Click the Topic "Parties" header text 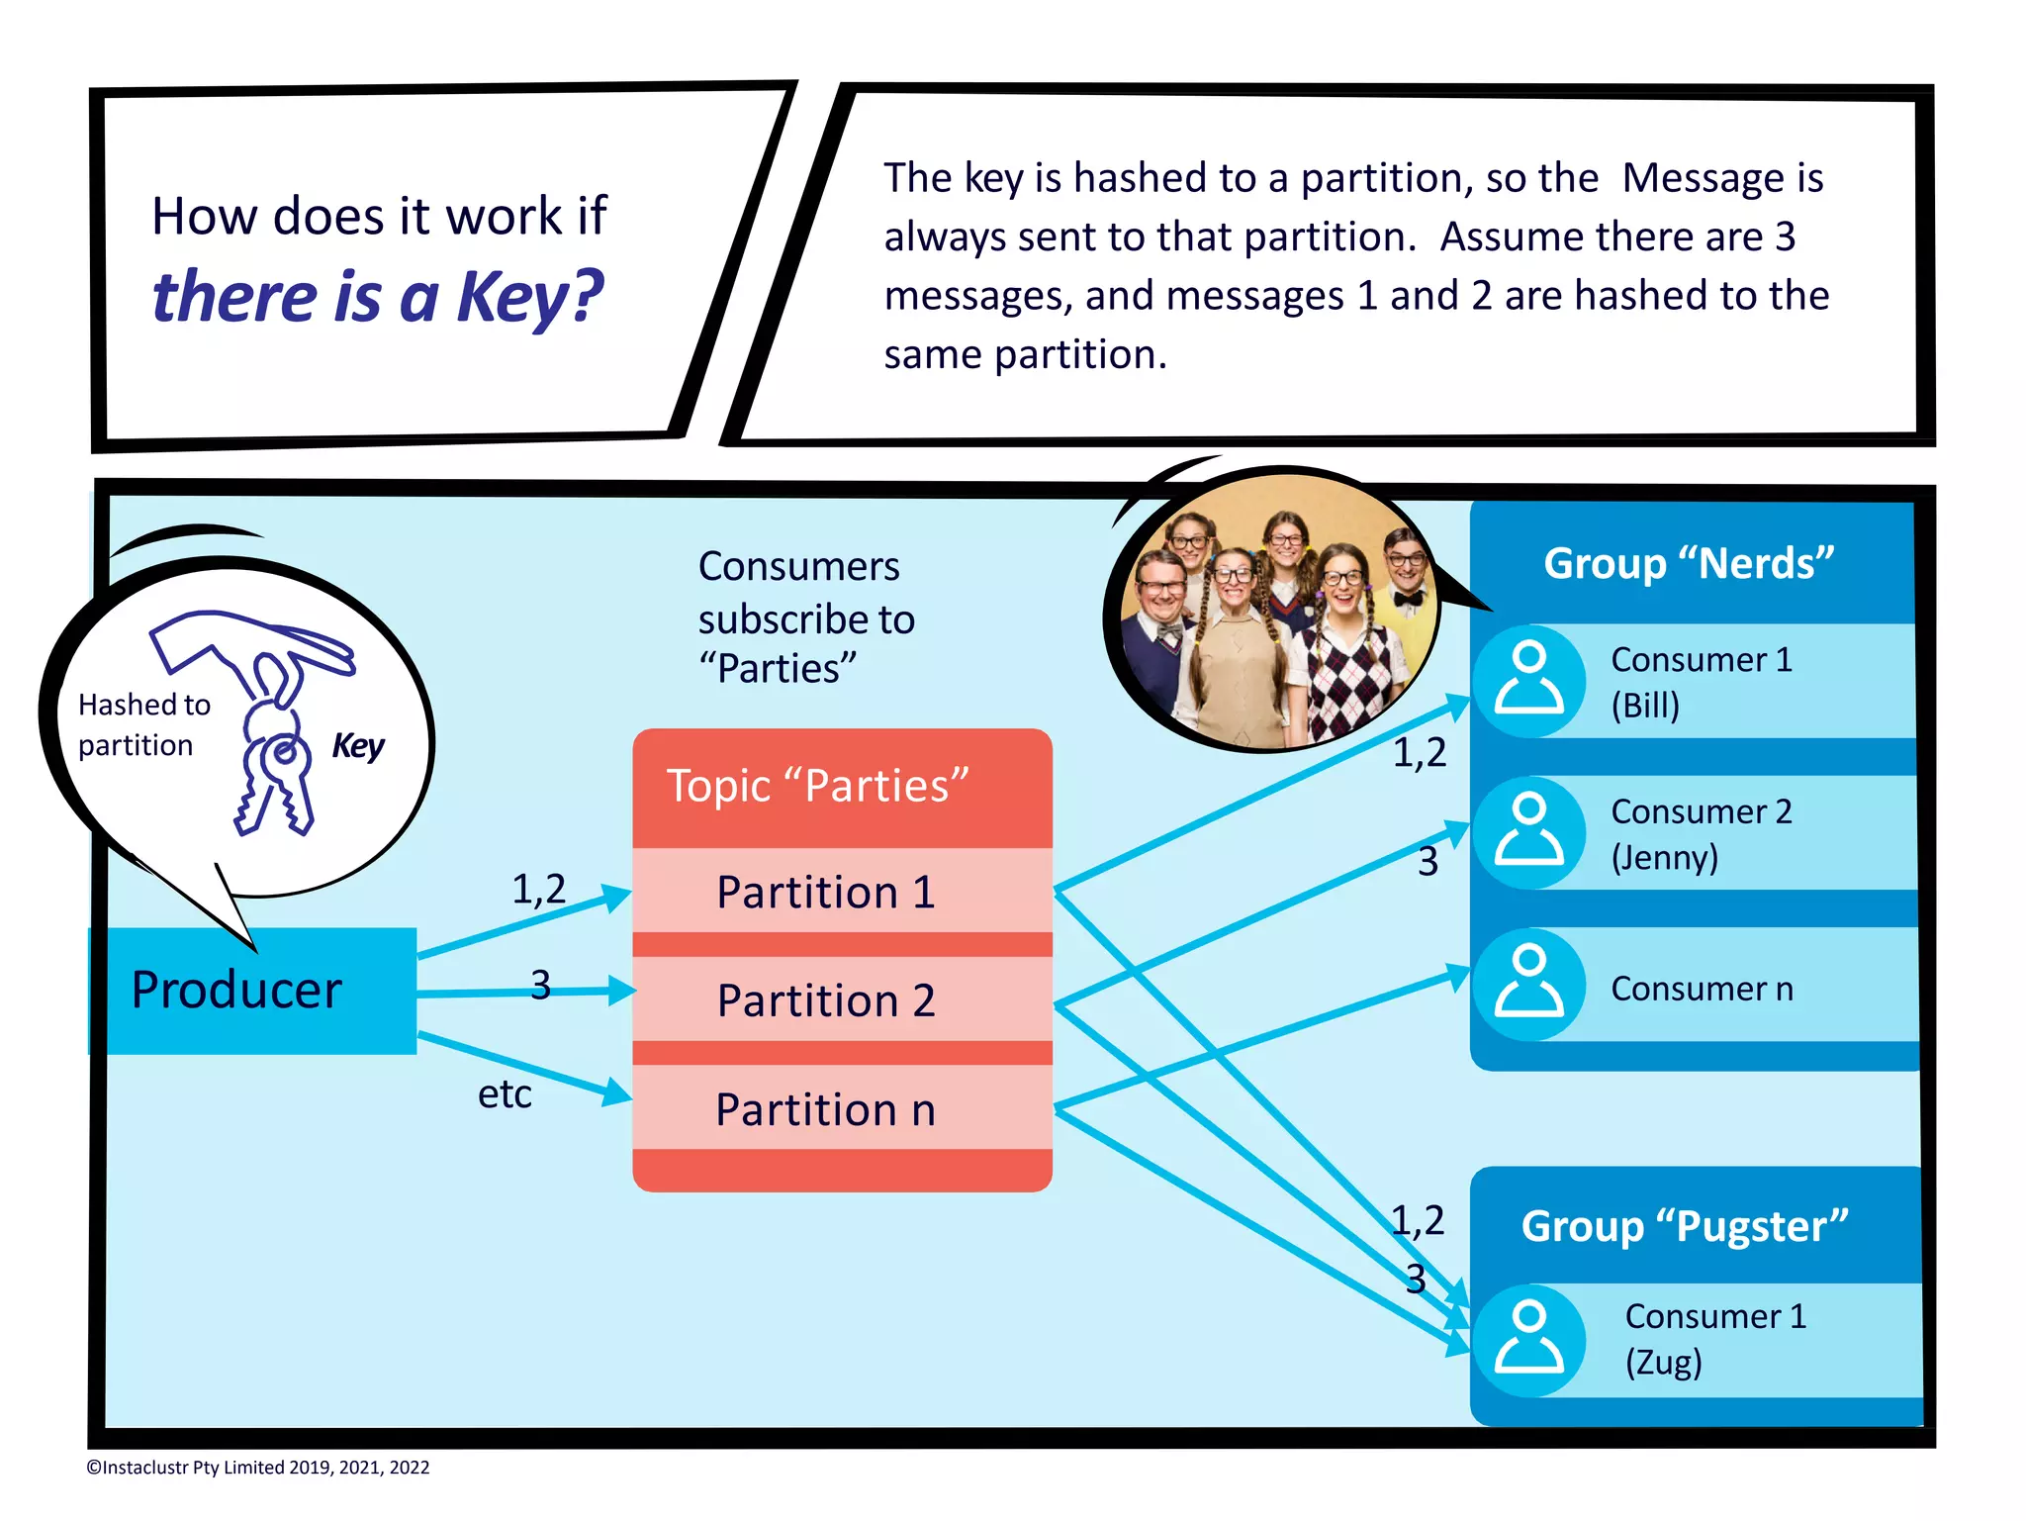(817, 786)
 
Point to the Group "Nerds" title (1688, 563)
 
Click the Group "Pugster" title (1684, 1226)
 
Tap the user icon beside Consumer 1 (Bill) (1528, 680)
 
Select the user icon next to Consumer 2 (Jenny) (1528, 831)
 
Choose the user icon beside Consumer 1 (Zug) (1528, 1340)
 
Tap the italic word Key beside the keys (357, 745)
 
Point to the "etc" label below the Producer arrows (505, 1094)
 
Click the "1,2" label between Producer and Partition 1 (538, 889)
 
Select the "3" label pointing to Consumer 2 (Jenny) (1427, 861)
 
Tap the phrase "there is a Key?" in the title (377, 296)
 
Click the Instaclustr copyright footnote (258, 1468)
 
